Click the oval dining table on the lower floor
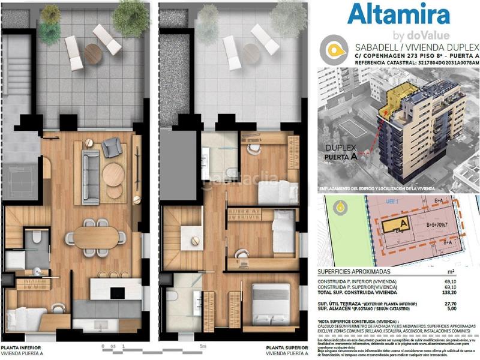coord(96,236)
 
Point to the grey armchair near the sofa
coord(112,148)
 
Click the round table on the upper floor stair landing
coord(195,241)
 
